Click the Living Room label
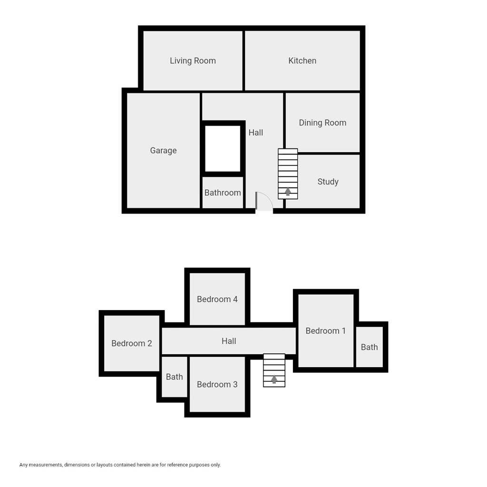coord(193,61)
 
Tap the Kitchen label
coord(302,61)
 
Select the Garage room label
coord(163,151)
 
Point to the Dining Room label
coord(322,123)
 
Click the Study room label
coord(328,182)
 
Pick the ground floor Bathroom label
coord(223,193)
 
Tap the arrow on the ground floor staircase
coord(288,192)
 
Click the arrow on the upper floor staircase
coord(274,379)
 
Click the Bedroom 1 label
coord(326,331)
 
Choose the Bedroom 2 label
coord(132,343)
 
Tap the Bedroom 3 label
coord(217,384)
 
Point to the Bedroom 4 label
coord(217,299)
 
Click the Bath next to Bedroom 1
coord(369,347)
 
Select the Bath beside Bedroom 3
coord(174,377)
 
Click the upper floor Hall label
coord(229,341)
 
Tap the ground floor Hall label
coord(255,133)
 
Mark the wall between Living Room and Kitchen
coord(243,60)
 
